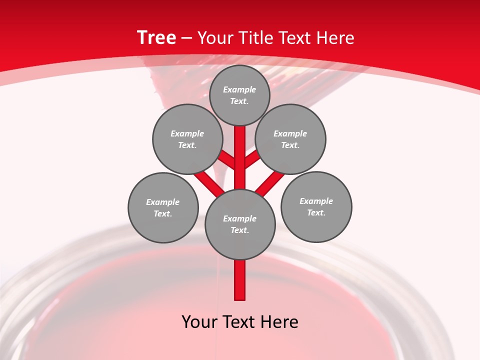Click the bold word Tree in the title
click(156, 38)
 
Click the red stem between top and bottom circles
click(240, 150)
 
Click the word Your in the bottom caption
click(199, 322)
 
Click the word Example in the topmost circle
click(239, 90)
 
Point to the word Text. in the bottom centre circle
click(240, 230)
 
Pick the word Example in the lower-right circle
click(316, 201)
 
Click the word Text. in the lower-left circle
click(162, 214)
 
